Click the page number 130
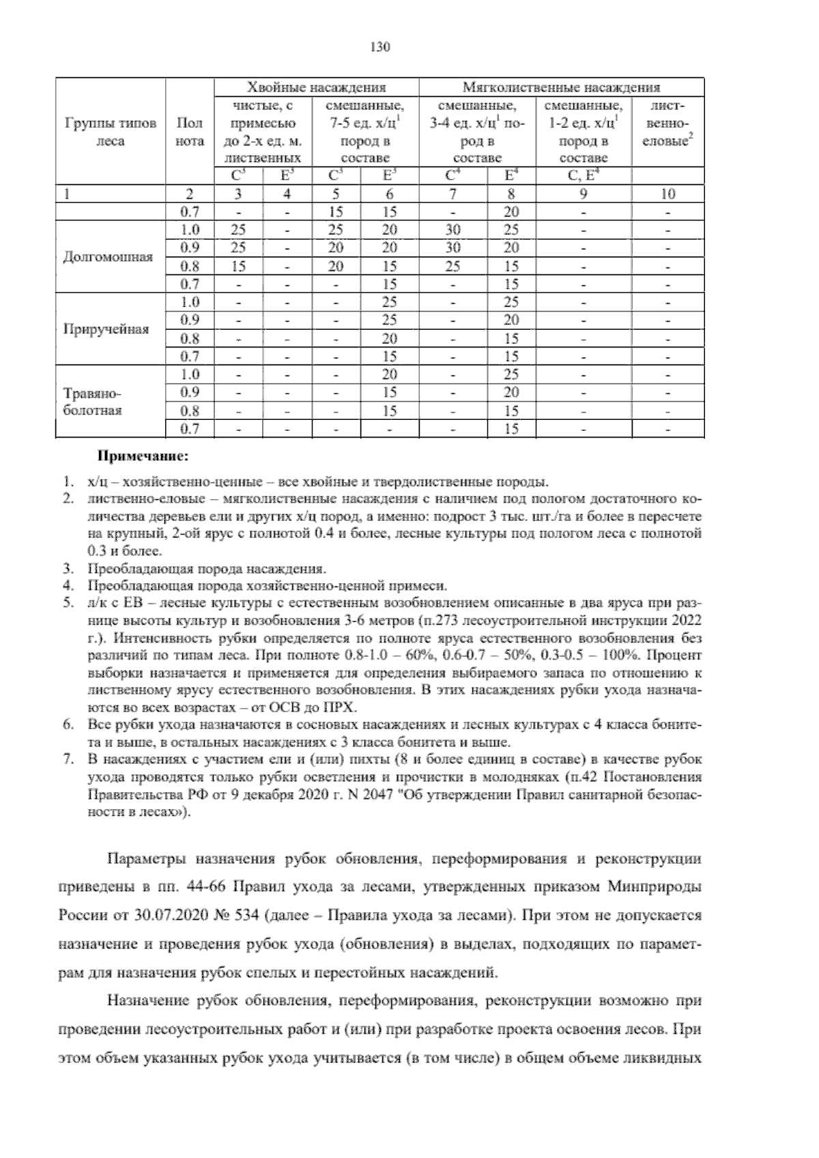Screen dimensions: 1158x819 click(379, 47)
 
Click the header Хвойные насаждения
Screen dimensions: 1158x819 click(316, 87)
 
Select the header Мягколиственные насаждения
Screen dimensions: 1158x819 click(561, 87)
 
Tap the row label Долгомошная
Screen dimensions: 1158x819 click(108, 257)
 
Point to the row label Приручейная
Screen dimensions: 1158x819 click(106, 330)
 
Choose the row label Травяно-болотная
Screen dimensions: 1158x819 click(92, 401)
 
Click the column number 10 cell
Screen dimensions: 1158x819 click(667, 194)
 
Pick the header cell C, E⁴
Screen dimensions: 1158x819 click(584, 176)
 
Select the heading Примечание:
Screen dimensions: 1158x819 click(143, 455)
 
